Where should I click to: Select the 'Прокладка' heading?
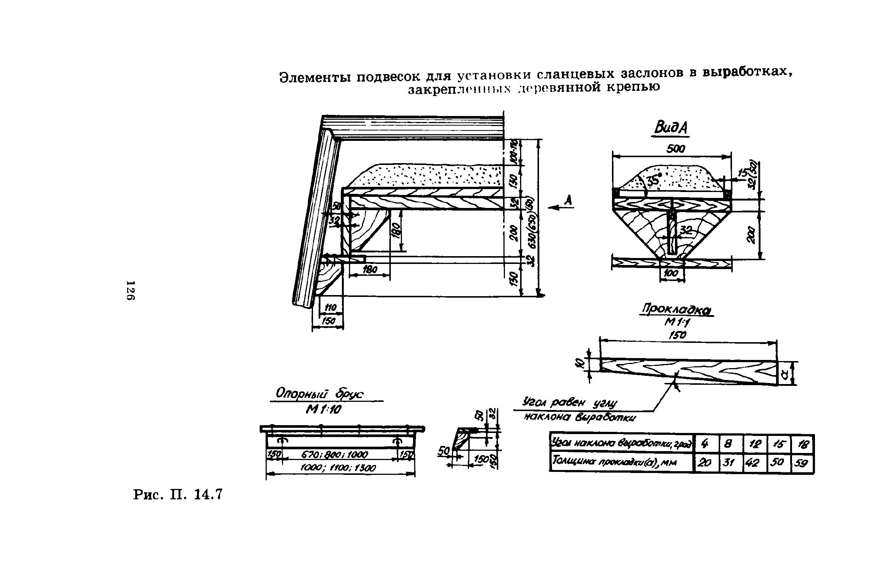pos(676,310)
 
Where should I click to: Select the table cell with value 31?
pos(731,463)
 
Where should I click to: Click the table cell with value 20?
pos(706,463)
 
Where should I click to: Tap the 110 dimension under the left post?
pos(330,308)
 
